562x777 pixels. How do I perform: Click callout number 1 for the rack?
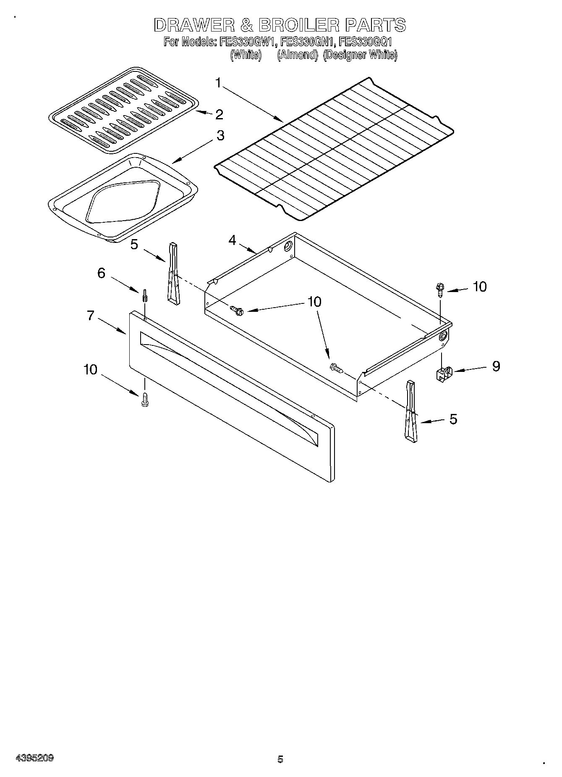point(218,83)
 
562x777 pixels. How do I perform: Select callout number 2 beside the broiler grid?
point(219,114)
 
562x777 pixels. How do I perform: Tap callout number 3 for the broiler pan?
point(220,136)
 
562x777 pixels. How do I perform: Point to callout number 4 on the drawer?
point(232,240)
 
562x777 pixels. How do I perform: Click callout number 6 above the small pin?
point(101,273)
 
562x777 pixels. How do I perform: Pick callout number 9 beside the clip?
point(496,366)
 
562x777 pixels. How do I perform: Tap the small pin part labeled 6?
point(144,295)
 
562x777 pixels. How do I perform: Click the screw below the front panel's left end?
point(145,399)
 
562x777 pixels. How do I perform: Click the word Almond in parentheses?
point(298,55)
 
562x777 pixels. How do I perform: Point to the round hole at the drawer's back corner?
point(288,247)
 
